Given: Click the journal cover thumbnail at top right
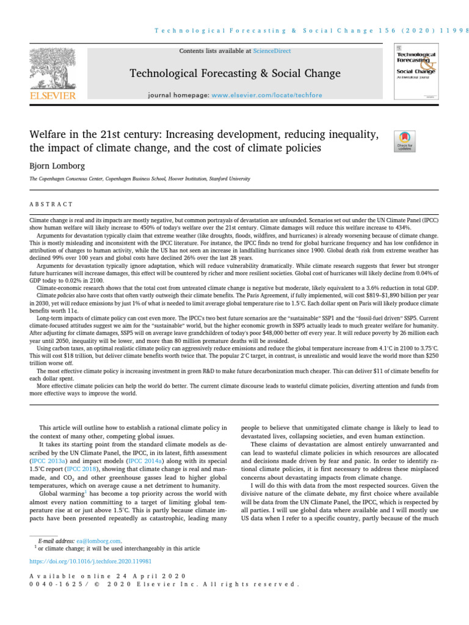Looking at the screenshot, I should coord(416,71).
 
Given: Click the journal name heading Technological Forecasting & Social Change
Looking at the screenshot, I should coord(235,74).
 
